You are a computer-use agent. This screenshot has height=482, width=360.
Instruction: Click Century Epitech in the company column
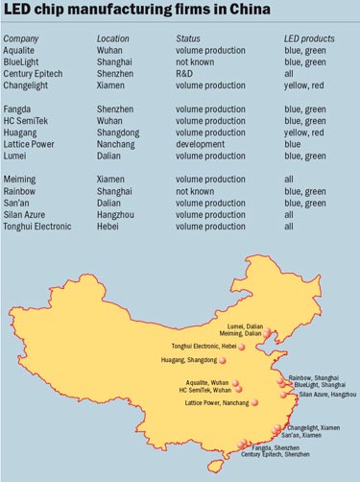(34, 73)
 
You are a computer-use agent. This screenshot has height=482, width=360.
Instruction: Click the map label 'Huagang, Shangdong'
(186, 360)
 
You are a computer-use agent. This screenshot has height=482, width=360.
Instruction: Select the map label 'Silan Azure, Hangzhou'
(327, 394)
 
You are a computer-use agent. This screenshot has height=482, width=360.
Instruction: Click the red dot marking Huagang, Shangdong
(223, 360)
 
